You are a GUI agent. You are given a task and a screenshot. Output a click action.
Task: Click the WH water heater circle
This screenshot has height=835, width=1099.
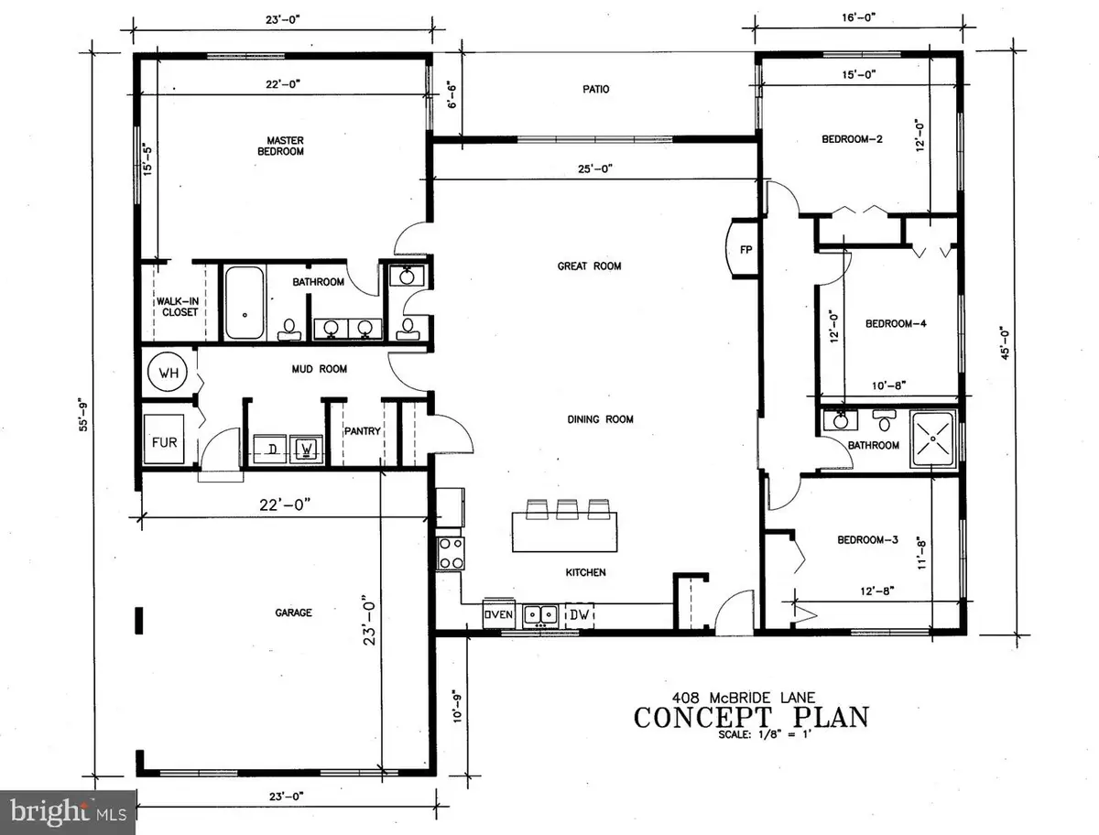pos(168,374)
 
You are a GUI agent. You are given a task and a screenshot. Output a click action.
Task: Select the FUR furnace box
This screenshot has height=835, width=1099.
pos(166,442)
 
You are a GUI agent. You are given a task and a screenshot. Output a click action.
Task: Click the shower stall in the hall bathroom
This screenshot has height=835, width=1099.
pos(933,440)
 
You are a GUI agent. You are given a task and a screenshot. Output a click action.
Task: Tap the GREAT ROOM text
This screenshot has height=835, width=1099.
pos(590,266)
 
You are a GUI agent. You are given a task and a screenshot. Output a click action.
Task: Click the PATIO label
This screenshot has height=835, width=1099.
pos(594,90)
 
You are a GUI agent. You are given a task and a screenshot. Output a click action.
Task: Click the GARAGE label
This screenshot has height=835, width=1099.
pos(291,613)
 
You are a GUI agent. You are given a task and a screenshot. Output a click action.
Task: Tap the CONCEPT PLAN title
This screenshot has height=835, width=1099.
pos(750,717)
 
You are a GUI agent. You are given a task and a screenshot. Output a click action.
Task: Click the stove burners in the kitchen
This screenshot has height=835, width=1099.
pos(451,553)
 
